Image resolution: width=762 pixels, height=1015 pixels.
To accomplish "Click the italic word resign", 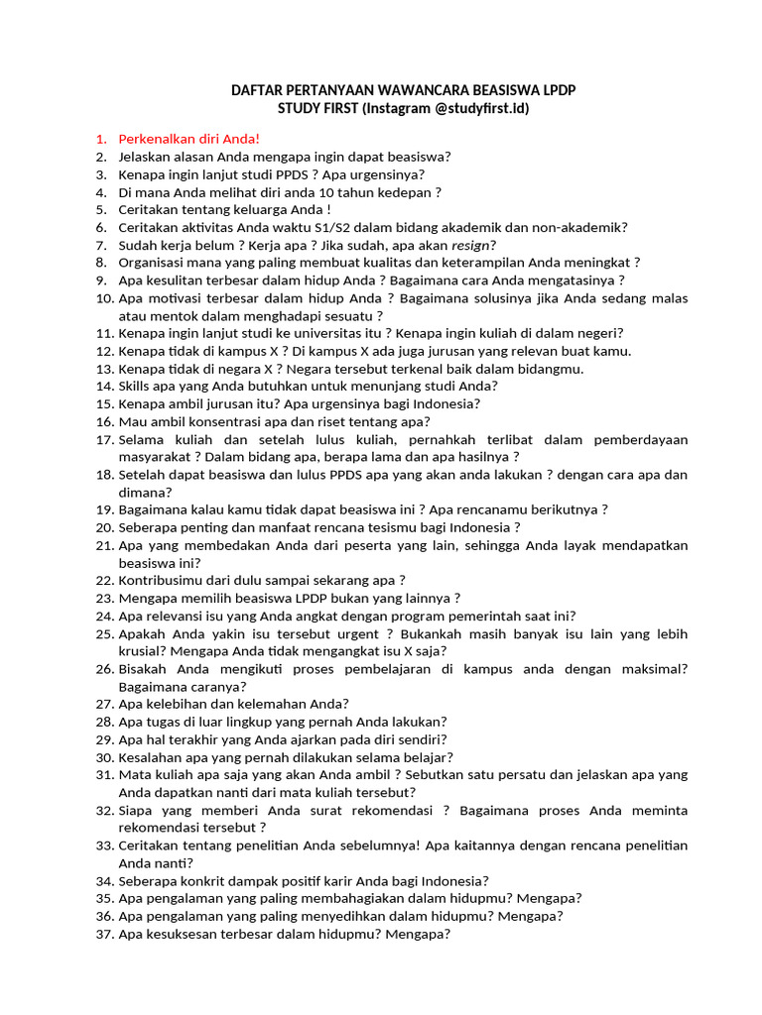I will coord(472,245).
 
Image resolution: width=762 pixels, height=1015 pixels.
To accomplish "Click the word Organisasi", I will coord(154,263).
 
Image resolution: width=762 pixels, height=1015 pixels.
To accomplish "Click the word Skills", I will coord(135,386).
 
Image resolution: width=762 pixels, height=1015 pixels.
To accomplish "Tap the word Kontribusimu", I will coord(164,580).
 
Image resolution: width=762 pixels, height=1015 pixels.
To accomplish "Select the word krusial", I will coord(141,651).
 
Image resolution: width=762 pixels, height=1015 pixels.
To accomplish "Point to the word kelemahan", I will coord(272,704).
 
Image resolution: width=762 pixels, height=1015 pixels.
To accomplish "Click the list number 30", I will coord(104,756).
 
